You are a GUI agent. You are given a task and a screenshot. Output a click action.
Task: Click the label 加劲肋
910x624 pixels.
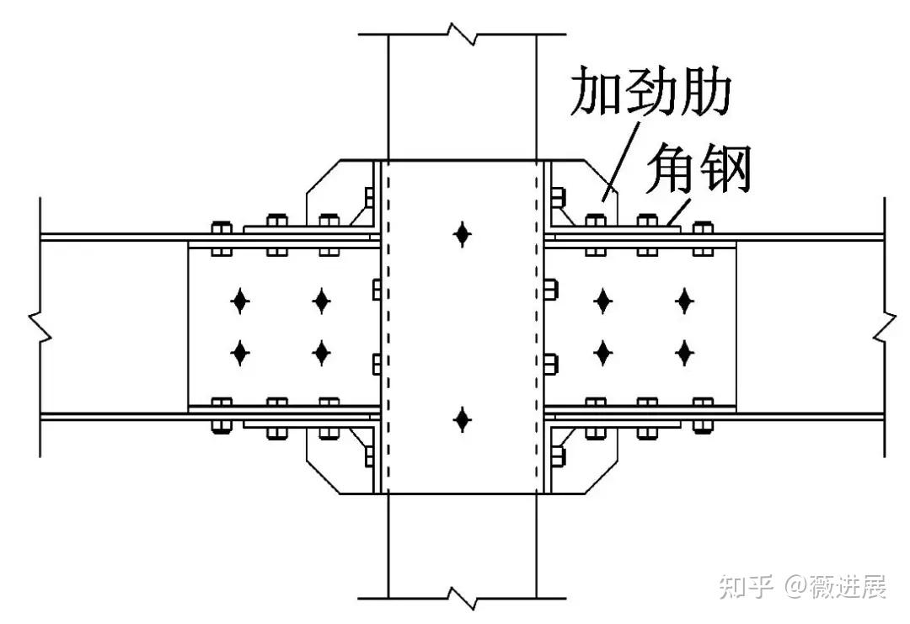click(x=649, y=92)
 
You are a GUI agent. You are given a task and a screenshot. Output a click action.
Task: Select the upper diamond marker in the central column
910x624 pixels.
click(x=461, y=233)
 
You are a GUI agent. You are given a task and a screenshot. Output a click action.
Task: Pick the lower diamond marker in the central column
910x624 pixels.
click(x=461, y=419)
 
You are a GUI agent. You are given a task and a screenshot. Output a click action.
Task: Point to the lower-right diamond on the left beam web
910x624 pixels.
click(x=321, y=351)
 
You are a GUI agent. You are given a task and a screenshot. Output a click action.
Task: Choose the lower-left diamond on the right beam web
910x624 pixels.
click(x=603, y=351)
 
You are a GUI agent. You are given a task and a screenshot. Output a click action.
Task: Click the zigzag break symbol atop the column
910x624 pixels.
click(x=461, y=35)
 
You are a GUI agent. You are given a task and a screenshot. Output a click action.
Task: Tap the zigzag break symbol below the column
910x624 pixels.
click(x=461, y=597)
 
